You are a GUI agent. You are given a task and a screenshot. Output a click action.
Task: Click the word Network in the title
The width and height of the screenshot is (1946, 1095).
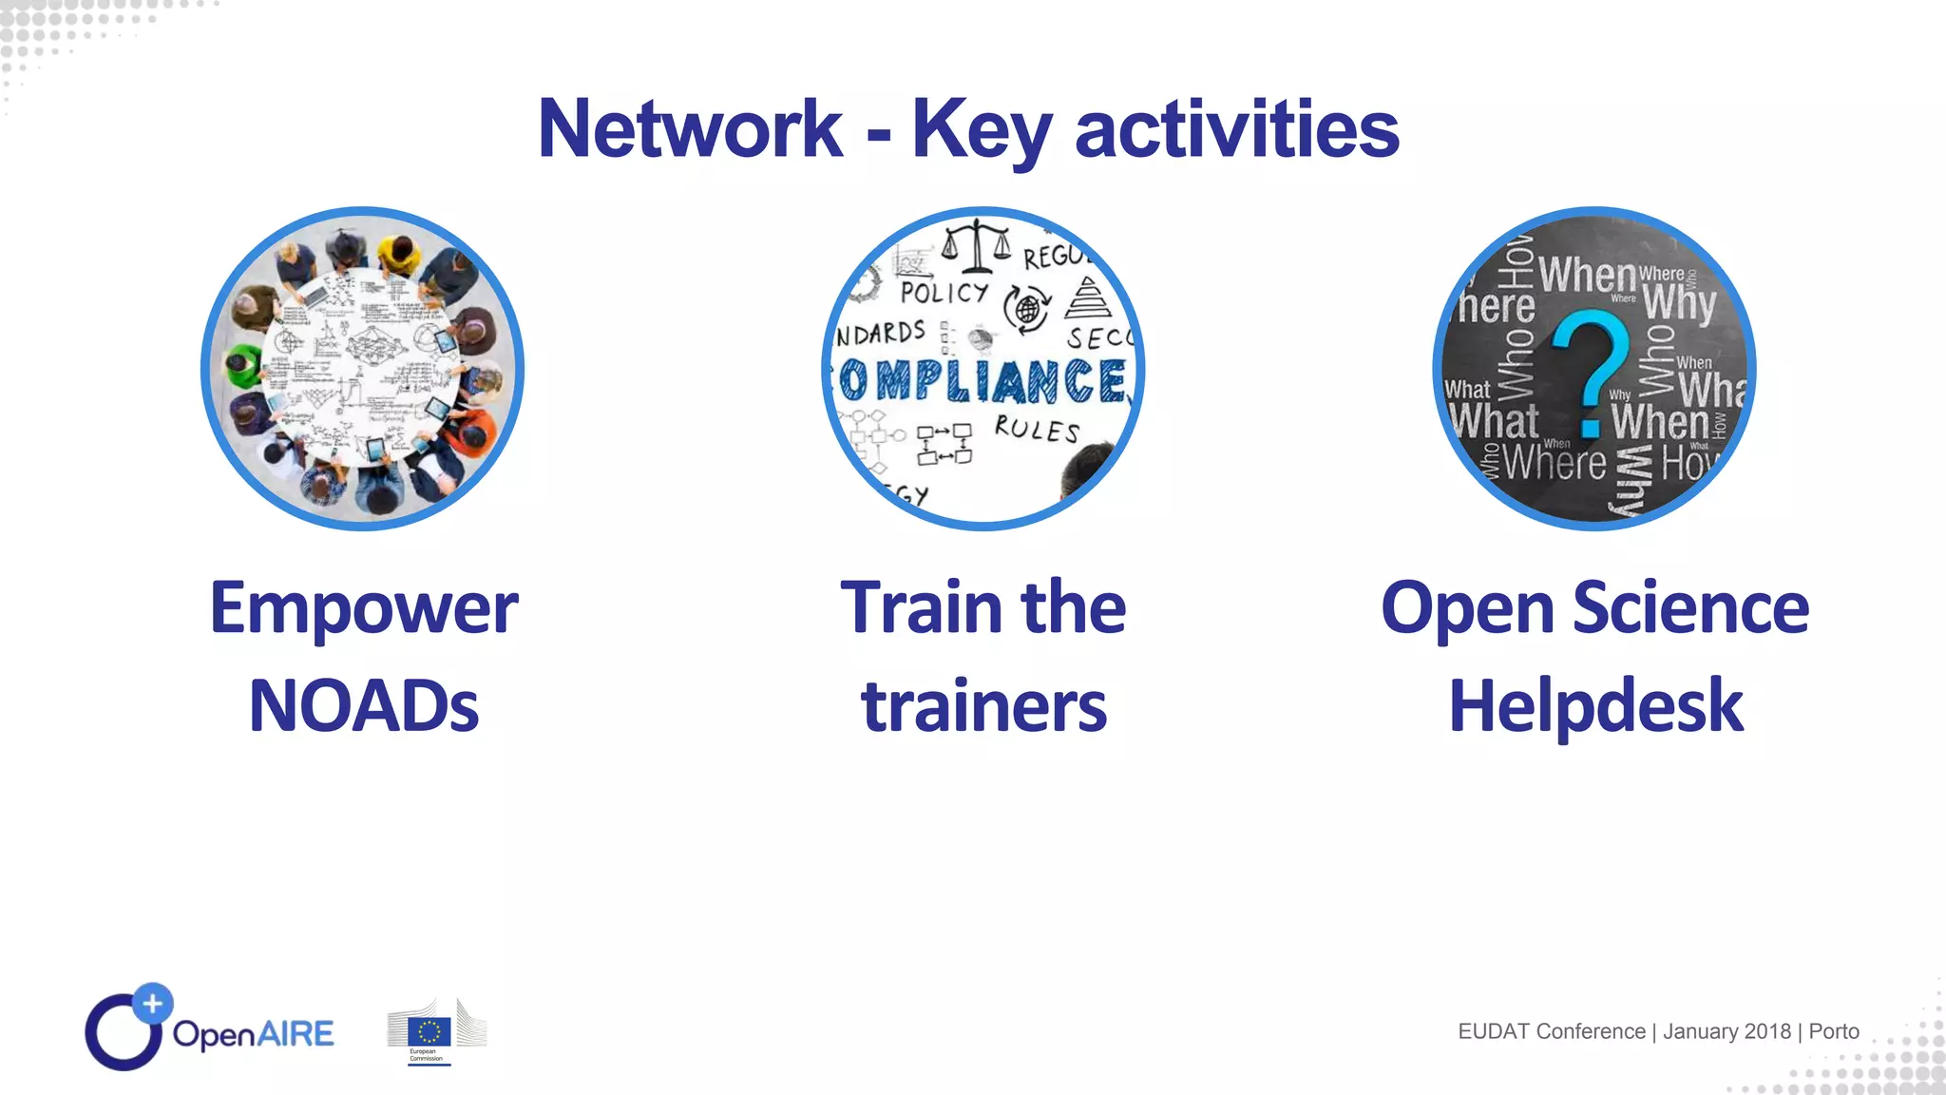click(x=690, y=129)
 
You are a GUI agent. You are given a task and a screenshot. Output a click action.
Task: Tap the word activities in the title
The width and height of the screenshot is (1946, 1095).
click(x=1236, y=129)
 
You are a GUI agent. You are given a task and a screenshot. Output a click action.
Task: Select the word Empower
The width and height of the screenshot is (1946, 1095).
click(x=364, y=608)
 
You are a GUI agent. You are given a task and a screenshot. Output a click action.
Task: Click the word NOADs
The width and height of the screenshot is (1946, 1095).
click(x=364, y=706)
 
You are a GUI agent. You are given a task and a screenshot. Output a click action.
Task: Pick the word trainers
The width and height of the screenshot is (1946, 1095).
click(x=983, y=706)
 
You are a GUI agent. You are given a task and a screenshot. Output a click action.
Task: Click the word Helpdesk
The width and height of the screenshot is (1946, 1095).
click(x=1595, y=706)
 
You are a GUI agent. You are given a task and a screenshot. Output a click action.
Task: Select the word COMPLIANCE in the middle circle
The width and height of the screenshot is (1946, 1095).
click(x=983, y=380)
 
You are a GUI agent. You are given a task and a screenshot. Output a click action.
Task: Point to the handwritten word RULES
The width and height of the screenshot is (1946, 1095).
click(x=1037, y=429)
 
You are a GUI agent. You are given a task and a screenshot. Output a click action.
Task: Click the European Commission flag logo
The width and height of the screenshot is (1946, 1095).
click(x=429, y=1031)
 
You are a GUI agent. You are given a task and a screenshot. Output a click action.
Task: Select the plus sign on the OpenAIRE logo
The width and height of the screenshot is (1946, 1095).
click(x=152, y=1003)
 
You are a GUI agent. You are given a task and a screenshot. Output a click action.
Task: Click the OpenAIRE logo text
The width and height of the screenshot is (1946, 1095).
click(x=253, y=1033)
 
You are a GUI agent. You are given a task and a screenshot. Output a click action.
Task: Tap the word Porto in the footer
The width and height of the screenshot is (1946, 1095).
click(x=1833, y=1031)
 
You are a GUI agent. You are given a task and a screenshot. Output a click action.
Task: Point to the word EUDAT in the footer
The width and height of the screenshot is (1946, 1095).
click(x=1494, y=1031)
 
